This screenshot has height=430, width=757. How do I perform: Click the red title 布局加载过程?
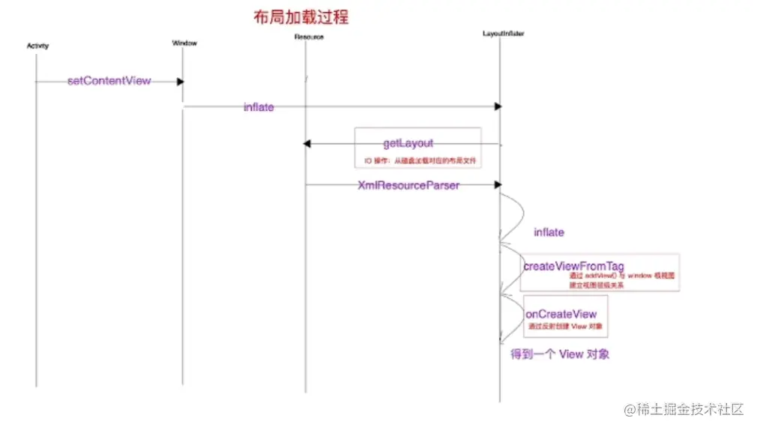300,16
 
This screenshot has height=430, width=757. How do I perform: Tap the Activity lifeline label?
37,46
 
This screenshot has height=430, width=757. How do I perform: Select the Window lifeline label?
184,43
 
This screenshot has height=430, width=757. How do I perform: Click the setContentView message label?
109,80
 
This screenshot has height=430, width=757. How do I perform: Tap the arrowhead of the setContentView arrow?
180,81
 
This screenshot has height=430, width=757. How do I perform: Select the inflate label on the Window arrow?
259,107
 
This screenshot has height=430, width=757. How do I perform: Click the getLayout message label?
408,142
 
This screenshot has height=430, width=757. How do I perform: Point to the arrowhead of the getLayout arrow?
306,144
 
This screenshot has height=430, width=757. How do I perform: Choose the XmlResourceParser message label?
408,185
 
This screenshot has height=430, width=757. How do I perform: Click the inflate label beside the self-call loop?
549,232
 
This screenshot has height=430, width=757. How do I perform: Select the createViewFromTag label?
573,265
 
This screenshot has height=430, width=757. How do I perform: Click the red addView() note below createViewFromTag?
621,280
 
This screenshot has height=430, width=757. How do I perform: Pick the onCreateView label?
561,314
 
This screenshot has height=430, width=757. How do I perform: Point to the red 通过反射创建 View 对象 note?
566,327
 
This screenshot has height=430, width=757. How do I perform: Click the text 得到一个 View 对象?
560,354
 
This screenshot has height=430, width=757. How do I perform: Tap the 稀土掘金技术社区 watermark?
683,409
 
